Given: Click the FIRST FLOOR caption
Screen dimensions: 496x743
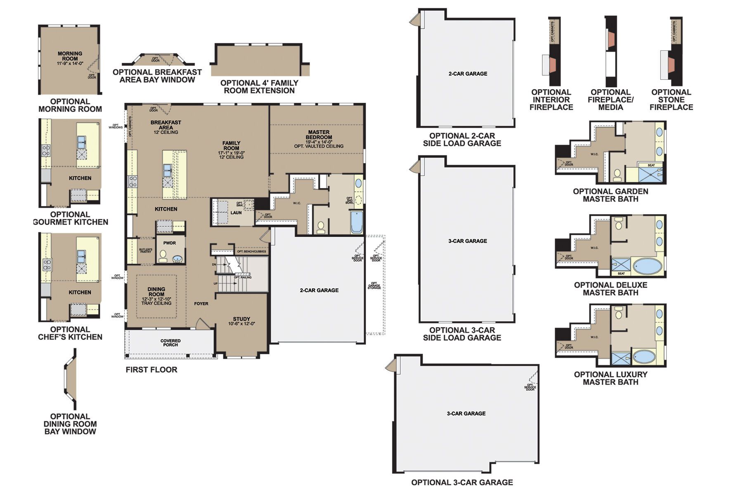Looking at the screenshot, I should click(x=151, y=370).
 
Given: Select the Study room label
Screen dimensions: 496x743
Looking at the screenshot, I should click(x=241, y=321).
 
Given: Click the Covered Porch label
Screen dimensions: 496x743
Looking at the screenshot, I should click(x=170, y=343).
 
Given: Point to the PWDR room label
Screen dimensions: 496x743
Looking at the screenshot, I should click(x=170, y=243).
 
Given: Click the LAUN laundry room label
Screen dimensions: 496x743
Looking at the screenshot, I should click(x=236, y=213).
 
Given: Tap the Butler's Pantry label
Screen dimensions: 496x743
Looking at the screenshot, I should click(x=145, y=250).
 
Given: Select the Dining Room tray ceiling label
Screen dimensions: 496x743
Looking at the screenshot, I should click(x=156, y=296).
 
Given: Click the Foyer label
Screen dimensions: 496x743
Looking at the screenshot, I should click(x=201, y=304).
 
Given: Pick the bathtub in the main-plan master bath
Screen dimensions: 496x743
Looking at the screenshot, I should click(x=356, y=222).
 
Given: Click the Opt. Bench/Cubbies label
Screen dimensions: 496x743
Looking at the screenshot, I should click(x=251, y=251).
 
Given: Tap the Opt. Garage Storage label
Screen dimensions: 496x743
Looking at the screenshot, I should click(x=374, y=286).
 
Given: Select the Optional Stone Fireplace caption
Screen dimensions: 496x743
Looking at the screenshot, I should click(x=671, y=100).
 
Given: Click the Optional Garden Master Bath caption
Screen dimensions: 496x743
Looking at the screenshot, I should click(x=610, y=195).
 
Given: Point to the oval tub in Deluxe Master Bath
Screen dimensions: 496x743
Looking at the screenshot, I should click(x=647, y=266).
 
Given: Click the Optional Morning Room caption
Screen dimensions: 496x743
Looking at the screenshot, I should click(x=70, y=105).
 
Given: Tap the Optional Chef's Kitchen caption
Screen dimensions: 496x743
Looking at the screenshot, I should click(x=70, y=333).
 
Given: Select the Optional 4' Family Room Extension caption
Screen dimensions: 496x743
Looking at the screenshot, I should click(x=259, y=87).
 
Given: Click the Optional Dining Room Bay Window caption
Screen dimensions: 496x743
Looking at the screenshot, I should click(x=70, y=424).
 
